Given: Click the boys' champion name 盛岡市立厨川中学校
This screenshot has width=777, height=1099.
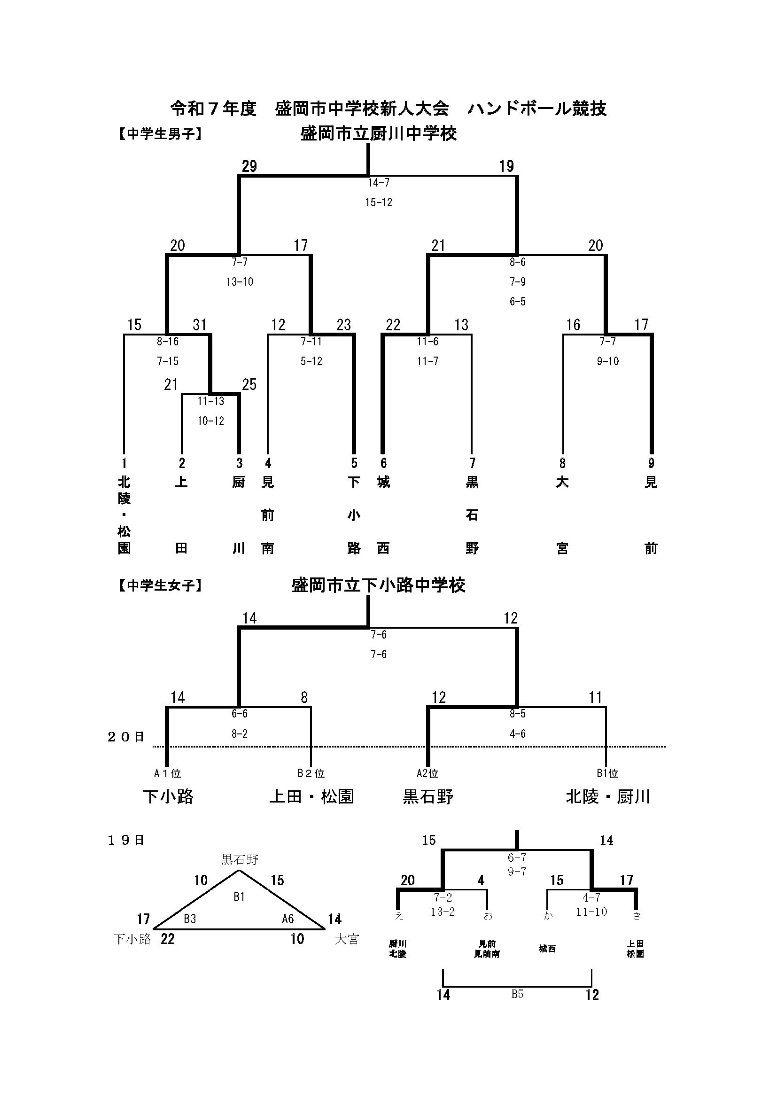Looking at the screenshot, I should [378, 133].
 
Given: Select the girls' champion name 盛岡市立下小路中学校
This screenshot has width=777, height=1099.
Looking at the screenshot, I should [378, 585].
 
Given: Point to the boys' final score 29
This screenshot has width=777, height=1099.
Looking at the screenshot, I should [249, 167].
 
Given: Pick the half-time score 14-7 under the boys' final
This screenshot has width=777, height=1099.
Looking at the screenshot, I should [379, 182].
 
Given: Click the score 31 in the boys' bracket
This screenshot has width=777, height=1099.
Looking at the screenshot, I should [200, 325].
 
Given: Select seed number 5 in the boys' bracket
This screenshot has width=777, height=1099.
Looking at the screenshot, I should [354, 463].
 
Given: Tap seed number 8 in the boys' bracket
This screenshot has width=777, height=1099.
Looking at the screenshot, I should [563, 463].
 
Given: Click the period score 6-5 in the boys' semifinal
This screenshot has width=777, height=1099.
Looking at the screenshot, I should [517, 302].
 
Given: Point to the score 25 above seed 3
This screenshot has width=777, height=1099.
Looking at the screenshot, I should [249, 384].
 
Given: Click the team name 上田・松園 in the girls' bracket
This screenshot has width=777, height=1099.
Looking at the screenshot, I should [311, 796].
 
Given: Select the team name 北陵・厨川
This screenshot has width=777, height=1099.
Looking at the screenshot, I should [607, 796].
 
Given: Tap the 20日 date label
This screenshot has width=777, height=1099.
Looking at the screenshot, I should [126, 737].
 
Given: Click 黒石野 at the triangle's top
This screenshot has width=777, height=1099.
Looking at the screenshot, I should [239, 860].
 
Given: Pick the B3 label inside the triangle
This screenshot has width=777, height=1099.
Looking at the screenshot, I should [190, 919].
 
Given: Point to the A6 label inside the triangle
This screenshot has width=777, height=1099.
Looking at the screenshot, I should [287, 919].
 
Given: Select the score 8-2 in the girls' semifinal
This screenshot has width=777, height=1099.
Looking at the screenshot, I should [239, 734].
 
